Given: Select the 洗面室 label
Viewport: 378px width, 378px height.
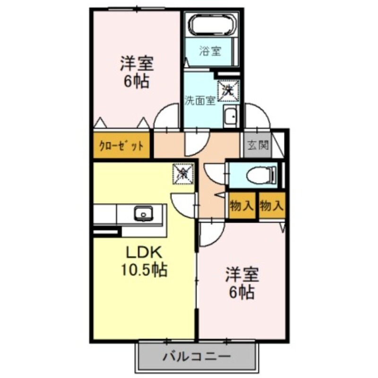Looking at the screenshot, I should click(200, 100).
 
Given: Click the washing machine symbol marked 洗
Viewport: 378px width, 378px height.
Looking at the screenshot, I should click(228, 89).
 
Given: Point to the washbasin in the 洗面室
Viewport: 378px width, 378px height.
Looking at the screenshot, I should click(230, 116).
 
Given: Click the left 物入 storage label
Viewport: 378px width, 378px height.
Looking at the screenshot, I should click(242, 206).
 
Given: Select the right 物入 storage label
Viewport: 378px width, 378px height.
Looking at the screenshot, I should click(272, 206).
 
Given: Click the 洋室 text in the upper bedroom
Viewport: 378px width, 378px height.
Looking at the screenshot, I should click(137, 63).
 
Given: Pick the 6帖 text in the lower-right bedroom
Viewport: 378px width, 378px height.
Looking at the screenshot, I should click(243, 292).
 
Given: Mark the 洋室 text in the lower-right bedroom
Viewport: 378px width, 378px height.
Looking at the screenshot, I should click(242, 274).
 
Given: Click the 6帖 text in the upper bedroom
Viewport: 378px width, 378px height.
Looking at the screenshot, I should click(137, 81).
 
